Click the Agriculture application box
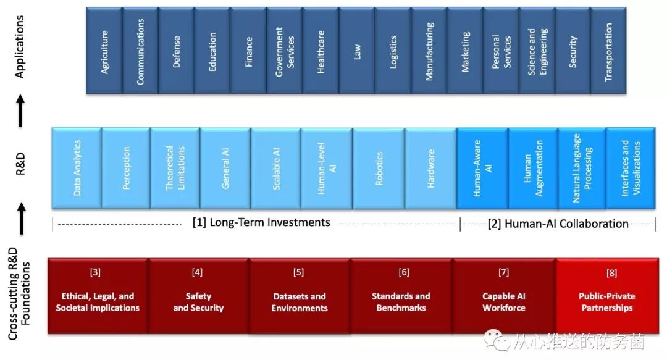pos(104,51)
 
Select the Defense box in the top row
pos(177,51)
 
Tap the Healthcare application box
pos(321,51)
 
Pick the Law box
pos(357,51)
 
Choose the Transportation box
pos(608,51)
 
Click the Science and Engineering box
pos(537,51)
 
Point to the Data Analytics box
pos(77,167)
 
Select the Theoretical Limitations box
pos(175,167)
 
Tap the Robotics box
pos(379,167)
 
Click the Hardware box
pos(430,167)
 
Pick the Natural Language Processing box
pos(582,167)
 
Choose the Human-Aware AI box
pos(482,167)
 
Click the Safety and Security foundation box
pos(198,296)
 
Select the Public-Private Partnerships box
pos(606,296)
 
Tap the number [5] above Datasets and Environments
pos(299,272)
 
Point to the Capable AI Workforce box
pos(504,296)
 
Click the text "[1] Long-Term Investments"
pos(261,222)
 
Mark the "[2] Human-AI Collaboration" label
pos(558,224)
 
